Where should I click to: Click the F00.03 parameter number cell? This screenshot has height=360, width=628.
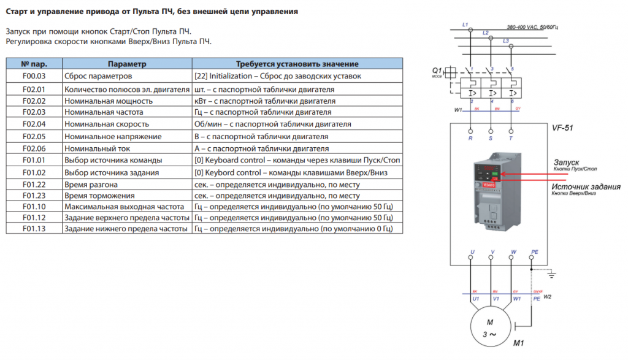(x=34, y=76)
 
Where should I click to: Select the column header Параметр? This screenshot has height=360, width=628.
(x=127, y=64)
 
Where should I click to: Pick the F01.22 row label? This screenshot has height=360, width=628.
(x=34, y=185)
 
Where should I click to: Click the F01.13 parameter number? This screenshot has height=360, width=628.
(x=34, y=229)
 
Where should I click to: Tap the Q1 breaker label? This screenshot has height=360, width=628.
(x=437, y=71)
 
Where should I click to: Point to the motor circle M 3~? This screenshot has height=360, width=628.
(x=490, y=327)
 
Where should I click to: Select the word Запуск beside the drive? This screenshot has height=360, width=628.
(x=567, y=162)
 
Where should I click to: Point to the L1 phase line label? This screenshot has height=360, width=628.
(x=465, y=25)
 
